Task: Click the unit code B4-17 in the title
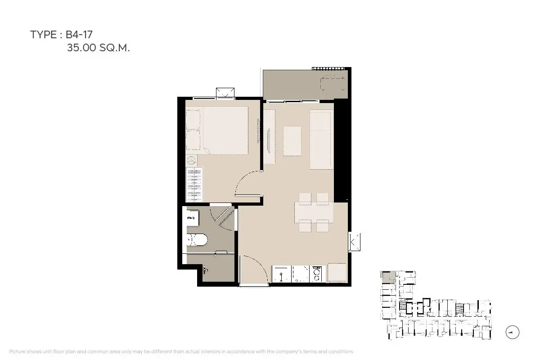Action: coord(79,35)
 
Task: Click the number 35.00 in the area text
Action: coord(81,48)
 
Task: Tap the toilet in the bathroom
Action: coord(197,239)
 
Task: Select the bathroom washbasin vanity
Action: coord(193,218)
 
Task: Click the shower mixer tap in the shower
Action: coord(205,270)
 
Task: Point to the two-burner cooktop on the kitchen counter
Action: coord(316,274)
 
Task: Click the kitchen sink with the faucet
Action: coord(281,274)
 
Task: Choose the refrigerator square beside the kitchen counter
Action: coord(337,272)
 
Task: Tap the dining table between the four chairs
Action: coord(314,212)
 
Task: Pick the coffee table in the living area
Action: coord(292,141)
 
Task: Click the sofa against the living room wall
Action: coord(321,139)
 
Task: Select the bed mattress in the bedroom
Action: coord(225,130)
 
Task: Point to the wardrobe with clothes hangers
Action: coord(194,184)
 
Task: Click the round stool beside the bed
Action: coord(191,160)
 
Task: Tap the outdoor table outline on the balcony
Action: coord(333,83)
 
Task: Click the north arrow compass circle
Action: coord(512,332)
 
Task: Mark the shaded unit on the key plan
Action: coord(388,277)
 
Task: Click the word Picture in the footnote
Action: coord(17,351)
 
